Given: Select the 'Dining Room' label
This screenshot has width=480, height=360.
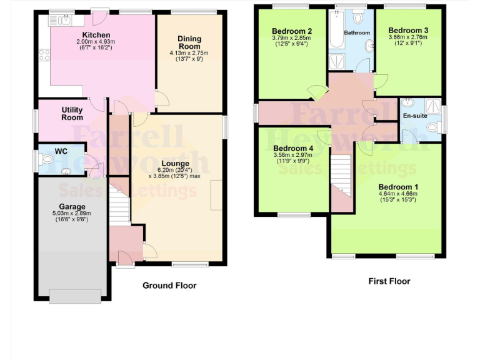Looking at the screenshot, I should click(x=189, y=42).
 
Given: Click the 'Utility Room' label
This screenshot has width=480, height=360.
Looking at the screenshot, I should click(x=72, y=113).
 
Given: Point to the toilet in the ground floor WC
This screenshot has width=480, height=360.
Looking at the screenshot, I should click(x=46, y=160).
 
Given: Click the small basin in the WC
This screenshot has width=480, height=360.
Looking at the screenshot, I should click(x=67, y=171).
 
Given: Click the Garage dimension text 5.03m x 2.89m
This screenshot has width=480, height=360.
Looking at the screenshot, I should click(x=72, y=213).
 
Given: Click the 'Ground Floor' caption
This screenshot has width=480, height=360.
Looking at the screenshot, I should click(x=169, y=286).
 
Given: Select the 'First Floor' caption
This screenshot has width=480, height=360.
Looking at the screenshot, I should click(x=389, y=281).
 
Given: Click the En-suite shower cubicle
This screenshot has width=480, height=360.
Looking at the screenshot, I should click(x=432, y=104).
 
